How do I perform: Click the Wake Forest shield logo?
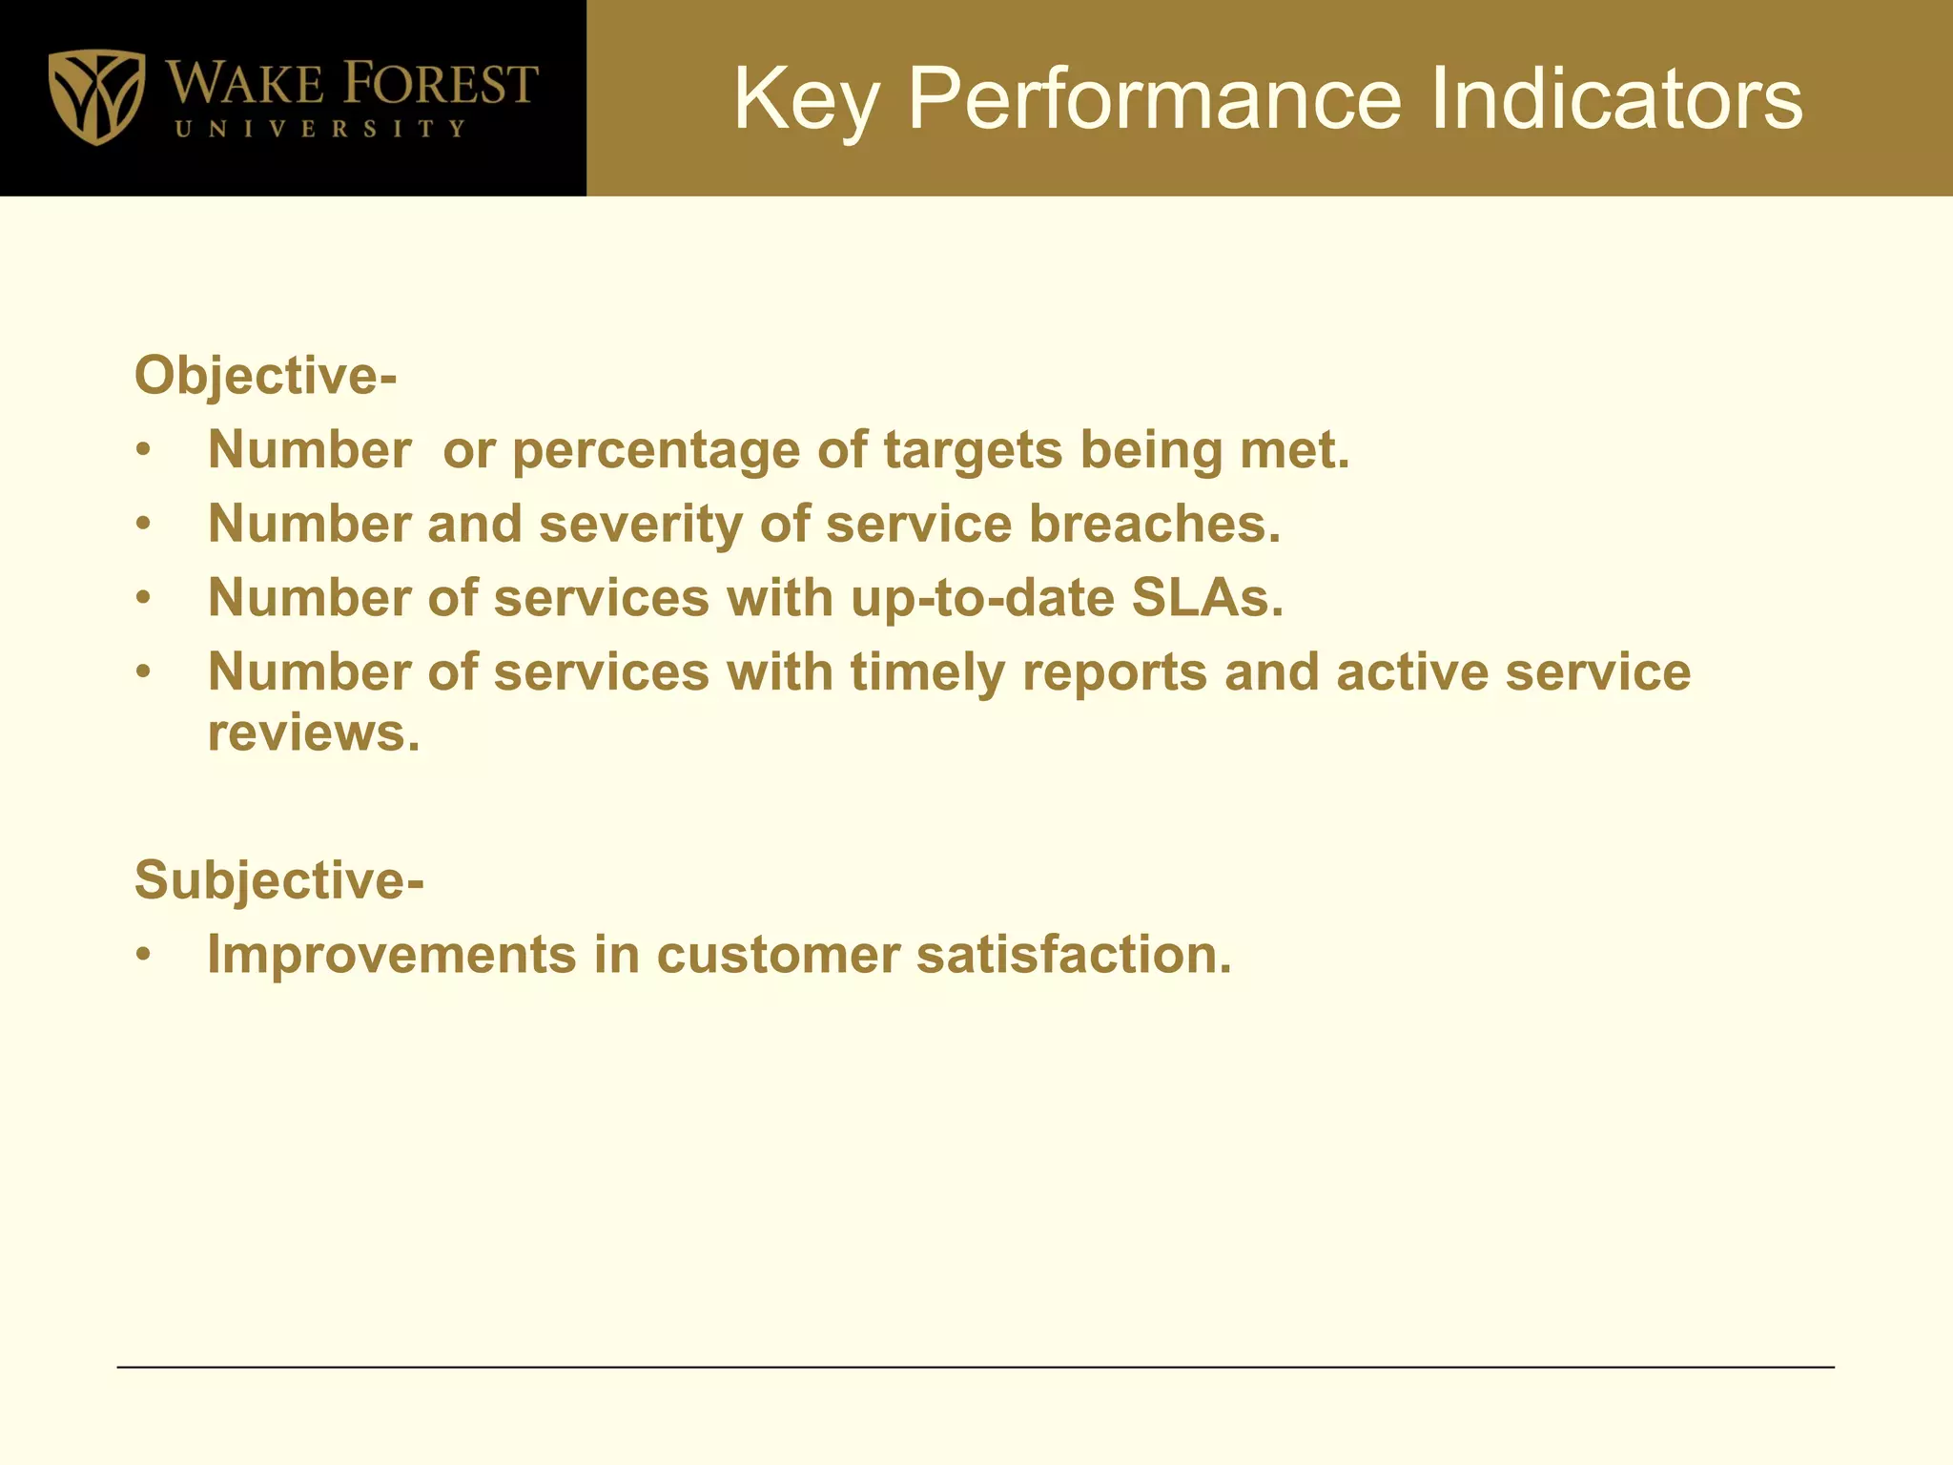click(96, 96)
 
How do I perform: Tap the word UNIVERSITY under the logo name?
click(320, 129)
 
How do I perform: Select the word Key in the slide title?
click(805, 99)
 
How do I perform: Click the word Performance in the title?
click(1154, 99)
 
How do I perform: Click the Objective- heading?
click(265, 375)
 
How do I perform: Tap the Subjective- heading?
click(278, 879)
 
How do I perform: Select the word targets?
click(973, 450)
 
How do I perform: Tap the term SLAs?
click(1207, 598)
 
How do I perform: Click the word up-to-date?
click(982, 598)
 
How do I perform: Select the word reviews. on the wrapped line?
click(314, 733)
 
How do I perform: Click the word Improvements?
click(392, 954)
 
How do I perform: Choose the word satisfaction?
click(1074, 954)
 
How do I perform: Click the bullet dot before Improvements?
click(143, 954)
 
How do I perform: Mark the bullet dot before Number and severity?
click(143, 524)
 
